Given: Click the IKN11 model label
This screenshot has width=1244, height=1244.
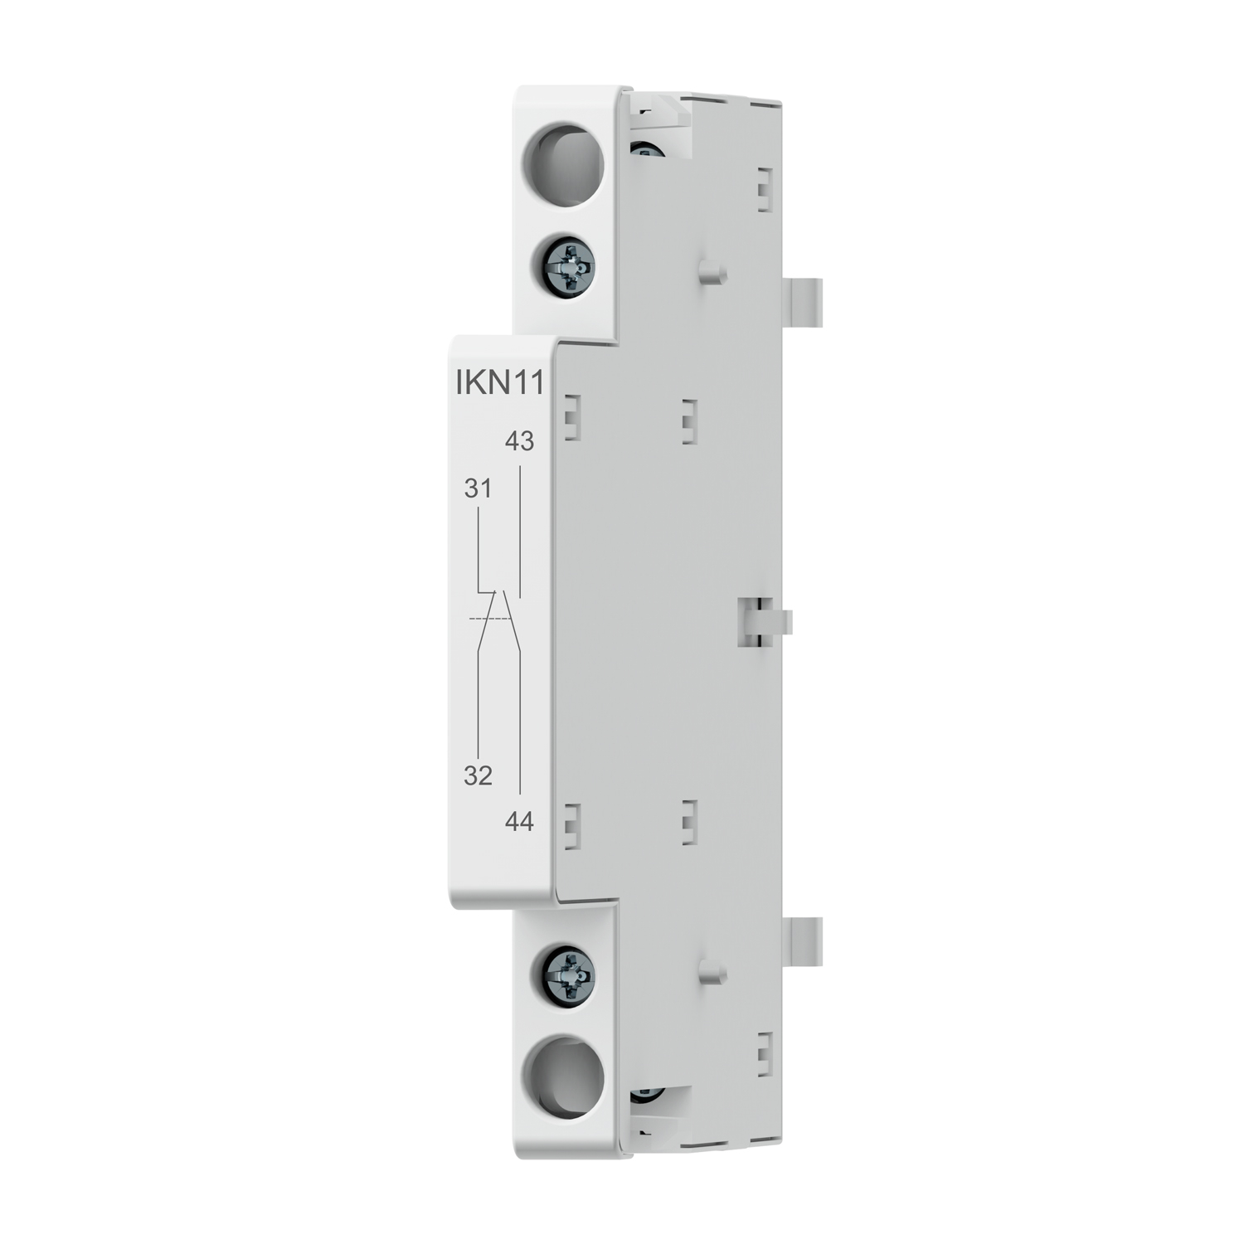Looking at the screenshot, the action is click(x=500, y=383).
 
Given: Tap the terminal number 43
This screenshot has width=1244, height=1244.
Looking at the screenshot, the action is click(x=519, y=441).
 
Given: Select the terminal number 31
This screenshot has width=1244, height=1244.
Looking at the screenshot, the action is click(x=478, y=489).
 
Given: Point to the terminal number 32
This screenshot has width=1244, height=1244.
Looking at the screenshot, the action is click(x=478, y=775).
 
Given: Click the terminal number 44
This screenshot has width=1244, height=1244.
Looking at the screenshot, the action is click(x=519, y=822).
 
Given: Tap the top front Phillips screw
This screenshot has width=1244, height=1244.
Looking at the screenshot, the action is click(x=570, y=269).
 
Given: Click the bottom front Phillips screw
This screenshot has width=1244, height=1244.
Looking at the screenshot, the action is click(x=570, y=975).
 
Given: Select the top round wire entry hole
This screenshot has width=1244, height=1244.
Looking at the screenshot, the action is click(x=567, y=163).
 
